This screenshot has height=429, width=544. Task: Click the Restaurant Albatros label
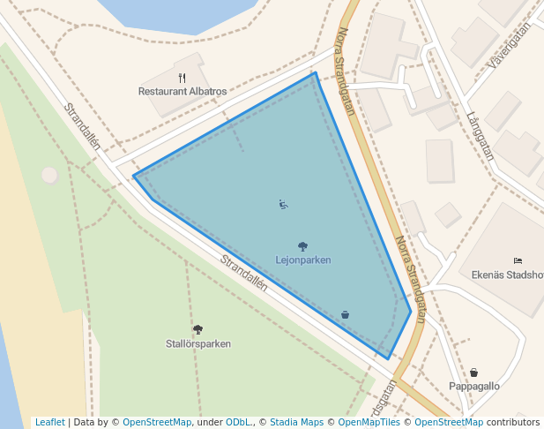click(x=183, y=91)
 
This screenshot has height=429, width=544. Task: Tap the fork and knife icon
click(x=182, y=78)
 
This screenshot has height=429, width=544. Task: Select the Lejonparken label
click(x=303, y=260)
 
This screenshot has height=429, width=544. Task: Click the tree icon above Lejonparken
click(x=303, y=247)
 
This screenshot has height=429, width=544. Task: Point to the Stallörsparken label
click(x=198, y=343)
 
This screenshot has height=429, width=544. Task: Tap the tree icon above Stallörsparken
click(x=197, y=330)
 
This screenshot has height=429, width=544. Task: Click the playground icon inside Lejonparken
click(x=283, y=205)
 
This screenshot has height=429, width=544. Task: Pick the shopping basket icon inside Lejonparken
click(x=345, y=314)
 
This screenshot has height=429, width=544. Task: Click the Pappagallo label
click(x=474, y=386)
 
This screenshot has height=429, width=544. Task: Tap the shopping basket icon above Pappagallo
click(x=474, y=373)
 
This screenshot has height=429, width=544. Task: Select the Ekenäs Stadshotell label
click(x=508, y=274)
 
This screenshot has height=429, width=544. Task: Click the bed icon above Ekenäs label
click(x=518, y=260)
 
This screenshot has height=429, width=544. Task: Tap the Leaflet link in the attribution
click(x=49, y=422)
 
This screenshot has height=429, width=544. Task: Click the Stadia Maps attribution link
click(x=296, y=422)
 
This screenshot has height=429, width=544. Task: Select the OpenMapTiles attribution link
click(x=371, y=422)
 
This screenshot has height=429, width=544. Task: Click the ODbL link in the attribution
click(x=236, y=422)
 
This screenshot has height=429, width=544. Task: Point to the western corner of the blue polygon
click(x=134, y=177)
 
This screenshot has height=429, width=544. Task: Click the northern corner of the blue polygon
click(x=315, y=72)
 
